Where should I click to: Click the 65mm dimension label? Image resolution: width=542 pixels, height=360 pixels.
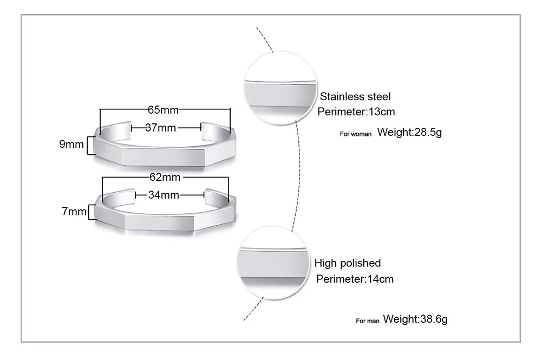click(x=163, y=110)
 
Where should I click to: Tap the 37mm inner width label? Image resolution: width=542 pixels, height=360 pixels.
click(x=161, y=128)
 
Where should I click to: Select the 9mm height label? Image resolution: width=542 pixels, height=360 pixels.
click(x=71, y=145)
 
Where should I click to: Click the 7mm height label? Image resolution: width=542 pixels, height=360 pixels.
click(x=74, y=211)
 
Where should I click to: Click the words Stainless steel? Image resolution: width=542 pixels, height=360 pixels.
click(x=355, y=97)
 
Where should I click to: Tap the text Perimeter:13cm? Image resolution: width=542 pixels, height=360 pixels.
click(x=356, y=112)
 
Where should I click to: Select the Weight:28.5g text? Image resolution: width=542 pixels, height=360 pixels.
click(x=409, y=132)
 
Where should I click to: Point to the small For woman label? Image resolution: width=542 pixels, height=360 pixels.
click(x=356, y=134)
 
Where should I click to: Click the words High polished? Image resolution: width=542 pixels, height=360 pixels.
click(x=348, y=264)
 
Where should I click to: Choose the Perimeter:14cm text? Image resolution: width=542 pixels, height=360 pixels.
click(x=355, y=279)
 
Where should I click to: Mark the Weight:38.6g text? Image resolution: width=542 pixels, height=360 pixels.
click(x=415, y=319)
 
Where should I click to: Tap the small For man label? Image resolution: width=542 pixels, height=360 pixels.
click(x=368, y=321)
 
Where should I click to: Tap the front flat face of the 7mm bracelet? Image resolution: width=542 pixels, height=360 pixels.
click(x=159, y=221)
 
